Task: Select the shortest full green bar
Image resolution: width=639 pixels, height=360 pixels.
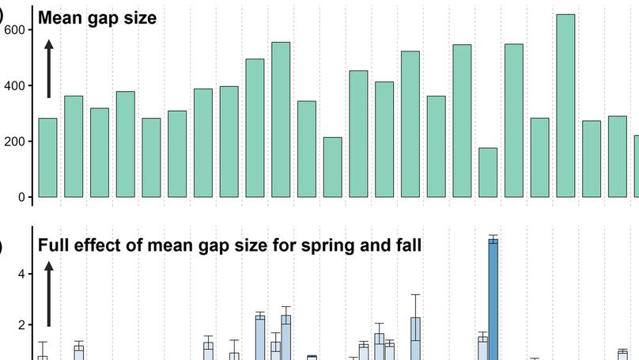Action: pyautogui.click(x=488, y=172)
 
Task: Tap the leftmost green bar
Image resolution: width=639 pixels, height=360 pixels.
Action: pyautogui.click(x=47, y=157)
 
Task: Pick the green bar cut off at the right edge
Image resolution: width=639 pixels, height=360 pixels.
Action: pyautogui.click(x=636, y=166)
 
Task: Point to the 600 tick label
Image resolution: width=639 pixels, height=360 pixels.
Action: pyautogui.click(x=16, y=29)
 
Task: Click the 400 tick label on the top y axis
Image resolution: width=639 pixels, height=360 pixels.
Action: pyautogui.click(x=16, y=85)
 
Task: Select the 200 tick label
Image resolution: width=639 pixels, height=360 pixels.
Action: pyautogui.click(x=16, y=142)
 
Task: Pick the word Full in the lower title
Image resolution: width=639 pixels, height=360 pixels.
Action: pyautogui.click(x=54, y=245)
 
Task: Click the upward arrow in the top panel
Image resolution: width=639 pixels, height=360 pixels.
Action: pyautogui.click(x=49, y=70)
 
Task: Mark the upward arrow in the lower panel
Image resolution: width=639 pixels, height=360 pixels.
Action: pyautogui.click(x=49, y=294)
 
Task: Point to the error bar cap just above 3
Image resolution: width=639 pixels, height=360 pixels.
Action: pyautogui.click(x=415, y=294)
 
